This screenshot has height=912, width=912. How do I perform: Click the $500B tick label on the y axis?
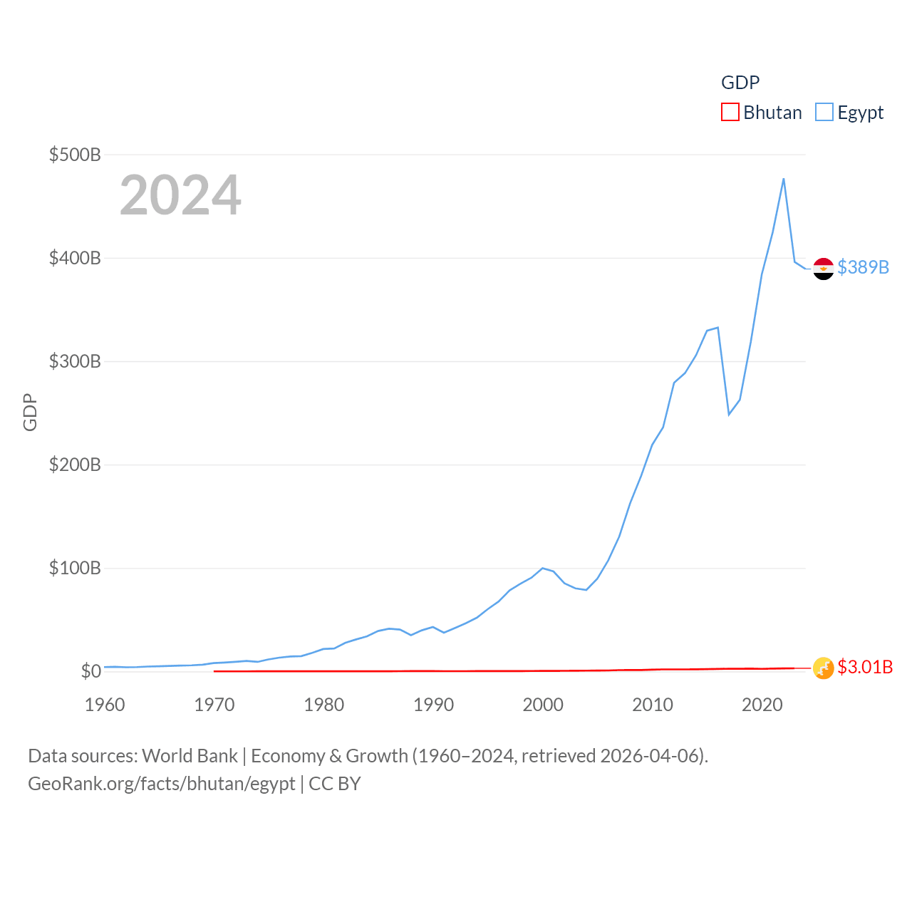75,155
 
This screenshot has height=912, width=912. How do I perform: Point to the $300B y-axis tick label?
75,361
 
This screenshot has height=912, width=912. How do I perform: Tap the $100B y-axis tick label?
75,568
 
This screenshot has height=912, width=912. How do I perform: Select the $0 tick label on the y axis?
91,671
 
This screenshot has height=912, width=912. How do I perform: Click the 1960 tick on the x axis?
105,705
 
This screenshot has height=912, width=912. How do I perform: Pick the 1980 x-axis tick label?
323,705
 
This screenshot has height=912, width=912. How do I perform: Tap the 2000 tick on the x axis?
543,705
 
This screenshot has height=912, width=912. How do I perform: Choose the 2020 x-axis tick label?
762,705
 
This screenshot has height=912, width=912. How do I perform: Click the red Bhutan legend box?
730,113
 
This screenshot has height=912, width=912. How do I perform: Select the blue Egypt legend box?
824,113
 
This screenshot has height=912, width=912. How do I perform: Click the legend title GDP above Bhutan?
740,83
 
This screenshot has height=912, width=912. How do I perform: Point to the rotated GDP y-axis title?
30,413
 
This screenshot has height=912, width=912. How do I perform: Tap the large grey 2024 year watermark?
180,195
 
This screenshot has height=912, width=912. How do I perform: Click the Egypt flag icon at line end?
824,269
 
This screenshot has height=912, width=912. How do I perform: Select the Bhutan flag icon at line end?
824,668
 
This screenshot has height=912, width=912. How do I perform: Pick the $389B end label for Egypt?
864,267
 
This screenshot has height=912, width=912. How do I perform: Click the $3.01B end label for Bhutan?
865,667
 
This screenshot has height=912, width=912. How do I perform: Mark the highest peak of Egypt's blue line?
784,179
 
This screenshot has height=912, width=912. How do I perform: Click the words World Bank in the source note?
190,755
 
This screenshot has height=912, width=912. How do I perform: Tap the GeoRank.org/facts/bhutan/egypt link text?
162,784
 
